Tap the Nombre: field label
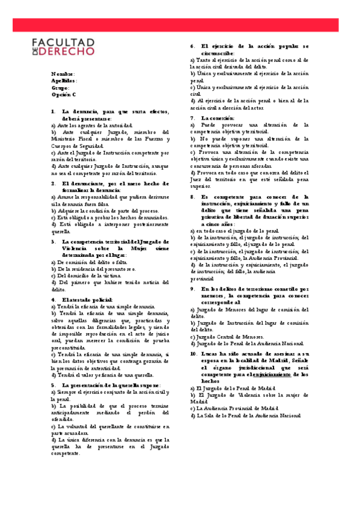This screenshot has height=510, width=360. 63,74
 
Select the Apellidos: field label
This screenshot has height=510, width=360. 64,81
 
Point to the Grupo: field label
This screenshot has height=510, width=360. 61,88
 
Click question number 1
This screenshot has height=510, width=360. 53,112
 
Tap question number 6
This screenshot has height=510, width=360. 192,46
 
